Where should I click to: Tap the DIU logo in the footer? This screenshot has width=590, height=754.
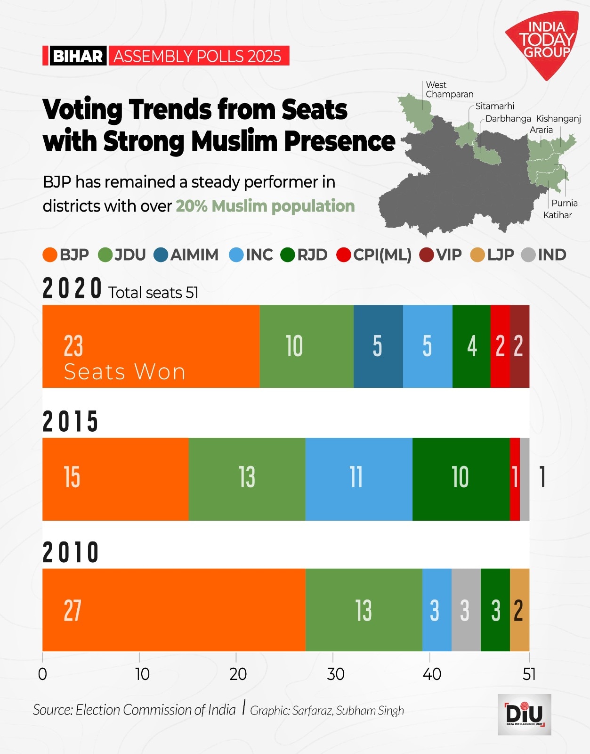point(524,714)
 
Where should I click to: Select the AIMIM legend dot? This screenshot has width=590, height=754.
point(161,255)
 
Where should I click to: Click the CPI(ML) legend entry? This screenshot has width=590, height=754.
point(374,255)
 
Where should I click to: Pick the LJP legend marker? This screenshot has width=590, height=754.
point(477,255)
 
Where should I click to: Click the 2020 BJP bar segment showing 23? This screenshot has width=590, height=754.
point(151,346)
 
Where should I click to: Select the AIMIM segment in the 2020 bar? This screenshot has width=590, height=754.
point(378,346)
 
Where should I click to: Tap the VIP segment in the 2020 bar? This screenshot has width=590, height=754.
point(519,346)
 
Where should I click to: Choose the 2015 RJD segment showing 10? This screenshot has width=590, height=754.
point(461,479)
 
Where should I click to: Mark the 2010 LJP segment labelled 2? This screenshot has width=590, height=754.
point(519,610)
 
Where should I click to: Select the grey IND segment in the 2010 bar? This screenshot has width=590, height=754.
point(466,610)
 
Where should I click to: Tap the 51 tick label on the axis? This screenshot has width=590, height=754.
point(529,674)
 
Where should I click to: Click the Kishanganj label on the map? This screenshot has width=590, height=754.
point(558,119)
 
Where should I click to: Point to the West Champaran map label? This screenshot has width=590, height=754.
point(449,90)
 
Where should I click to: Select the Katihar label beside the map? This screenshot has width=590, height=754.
point(557,215)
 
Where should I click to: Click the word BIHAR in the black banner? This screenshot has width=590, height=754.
point(78,56)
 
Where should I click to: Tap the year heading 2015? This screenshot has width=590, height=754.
point(70,421)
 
